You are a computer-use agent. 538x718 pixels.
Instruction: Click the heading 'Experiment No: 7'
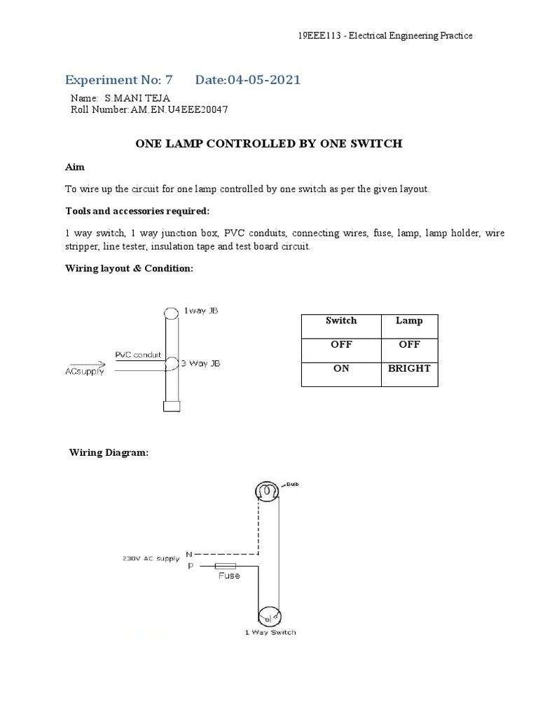click(118, 79)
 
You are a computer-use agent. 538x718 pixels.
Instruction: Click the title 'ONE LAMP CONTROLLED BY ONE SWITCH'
click(268, 144)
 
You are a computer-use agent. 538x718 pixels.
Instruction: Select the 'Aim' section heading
click(74, 168)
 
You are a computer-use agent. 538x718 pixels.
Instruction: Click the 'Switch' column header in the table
click(341, 320)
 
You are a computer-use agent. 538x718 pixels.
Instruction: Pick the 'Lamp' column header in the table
click(409, 320)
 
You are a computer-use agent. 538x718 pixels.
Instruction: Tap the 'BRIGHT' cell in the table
click(409, 368)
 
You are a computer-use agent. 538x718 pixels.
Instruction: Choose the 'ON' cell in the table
click(341, 368)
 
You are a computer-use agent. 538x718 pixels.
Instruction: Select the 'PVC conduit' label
click(138, 355)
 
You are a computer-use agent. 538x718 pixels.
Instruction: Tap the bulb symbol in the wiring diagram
click(266, 493)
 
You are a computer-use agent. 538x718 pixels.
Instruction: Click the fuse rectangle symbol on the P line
click(225, 565)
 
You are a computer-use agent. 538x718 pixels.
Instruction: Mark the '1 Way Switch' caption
click(270, 632)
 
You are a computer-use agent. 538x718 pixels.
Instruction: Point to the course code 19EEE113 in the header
click(317, 35)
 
